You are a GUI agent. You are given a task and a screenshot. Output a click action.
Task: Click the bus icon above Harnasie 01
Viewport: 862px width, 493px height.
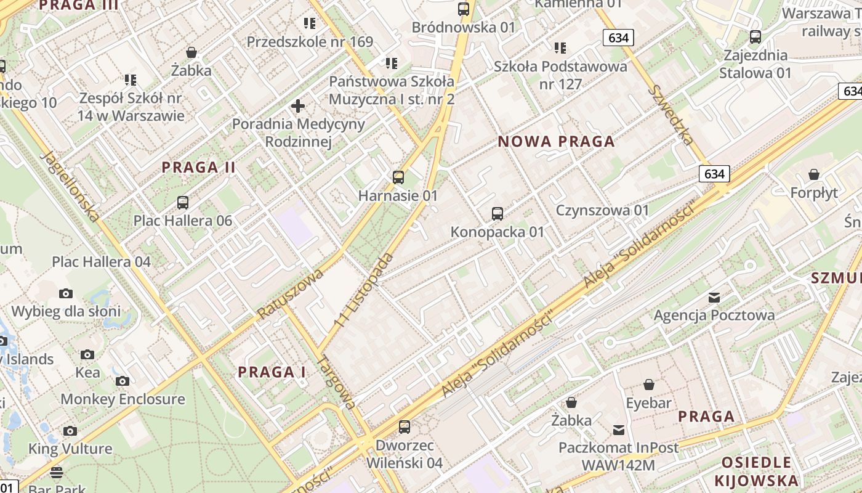click(398, 177)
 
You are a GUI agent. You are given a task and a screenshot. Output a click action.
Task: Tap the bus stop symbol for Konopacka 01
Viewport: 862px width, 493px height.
click(497, 214)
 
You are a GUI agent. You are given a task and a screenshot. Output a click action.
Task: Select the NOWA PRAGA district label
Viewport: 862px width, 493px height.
click(556, 142)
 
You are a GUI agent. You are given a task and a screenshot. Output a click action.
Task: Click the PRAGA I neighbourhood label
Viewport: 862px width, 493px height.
click(272, 372)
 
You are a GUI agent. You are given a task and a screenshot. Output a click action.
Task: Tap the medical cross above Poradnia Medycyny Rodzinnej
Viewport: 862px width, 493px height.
click(298, 106)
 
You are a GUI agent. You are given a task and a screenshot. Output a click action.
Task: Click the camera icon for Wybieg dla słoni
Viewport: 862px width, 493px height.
click(66, 293)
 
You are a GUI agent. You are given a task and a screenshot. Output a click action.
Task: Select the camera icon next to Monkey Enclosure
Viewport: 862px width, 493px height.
click(123, 381)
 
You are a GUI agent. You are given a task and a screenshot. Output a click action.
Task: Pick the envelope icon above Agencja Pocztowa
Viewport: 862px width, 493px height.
click(714, 298)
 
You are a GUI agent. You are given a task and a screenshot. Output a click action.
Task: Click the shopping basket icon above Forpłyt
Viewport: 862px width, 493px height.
click(814, 174)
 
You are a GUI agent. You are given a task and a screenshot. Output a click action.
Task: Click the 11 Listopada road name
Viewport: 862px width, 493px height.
click(363, 290)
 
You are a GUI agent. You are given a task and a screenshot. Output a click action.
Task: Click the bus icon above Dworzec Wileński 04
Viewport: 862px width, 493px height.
click(405, 426)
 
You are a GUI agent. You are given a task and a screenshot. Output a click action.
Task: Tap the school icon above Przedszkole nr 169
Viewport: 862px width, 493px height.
click(310, 23)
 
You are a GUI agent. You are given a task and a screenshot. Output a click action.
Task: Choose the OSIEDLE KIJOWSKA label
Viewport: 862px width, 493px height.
click(756, 471)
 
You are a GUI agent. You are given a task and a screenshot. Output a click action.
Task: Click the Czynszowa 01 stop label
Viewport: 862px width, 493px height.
click(602, 211)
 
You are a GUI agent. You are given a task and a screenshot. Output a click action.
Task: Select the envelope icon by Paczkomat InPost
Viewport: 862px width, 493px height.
click(619, 430)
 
